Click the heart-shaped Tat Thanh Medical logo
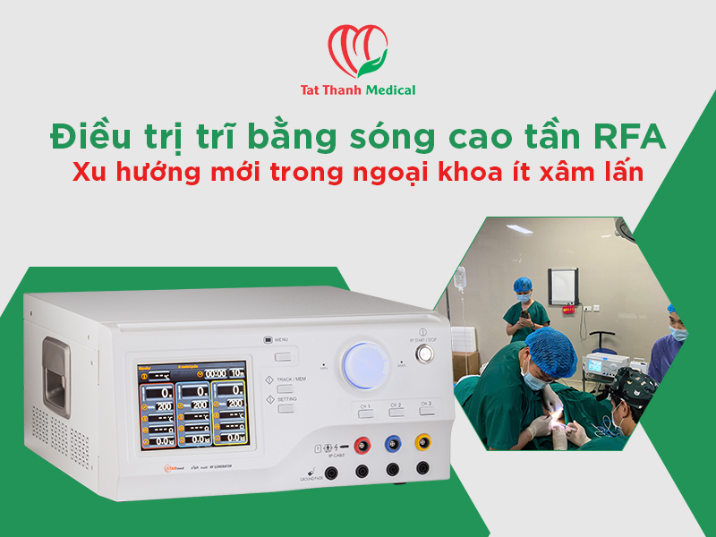[x=358, y=52]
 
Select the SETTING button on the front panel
[x=286, y=407]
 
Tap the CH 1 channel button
[x=364, y=413]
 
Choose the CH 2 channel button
[x=395, y=413]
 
